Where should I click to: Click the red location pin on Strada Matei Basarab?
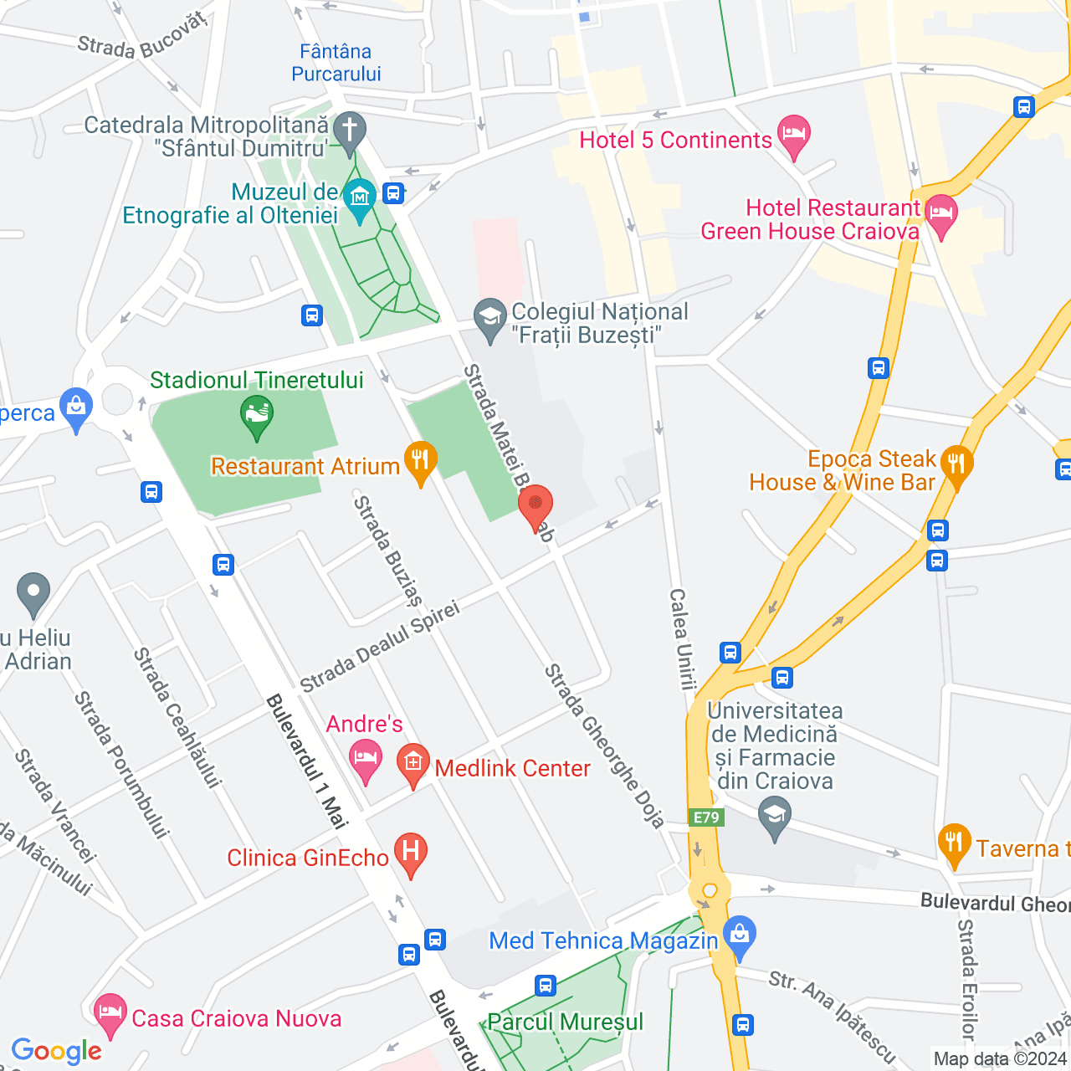click(535, 505)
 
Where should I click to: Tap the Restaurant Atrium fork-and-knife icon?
click(420, 460)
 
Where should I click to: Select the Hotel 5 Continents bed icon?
click(793, 134)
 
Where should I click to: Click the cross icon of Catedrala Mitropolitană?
click(349, 131)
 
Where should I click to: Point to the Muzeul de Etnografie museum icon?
click(360, 197)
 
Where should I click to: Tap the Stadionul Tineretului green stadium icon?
click(257, 414)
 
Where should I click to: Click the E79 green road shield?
click(706, 817)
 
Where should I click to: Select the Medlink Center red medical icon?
click(413, 762)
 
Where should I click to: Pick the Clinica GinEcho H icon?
click(410, 852)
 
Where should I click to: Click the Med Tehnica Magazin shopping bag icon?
click(740, 934)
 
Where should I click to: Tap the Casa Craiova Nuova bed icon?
click(110, 1012)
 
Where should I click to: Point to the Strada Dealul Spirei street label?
click(380, 647)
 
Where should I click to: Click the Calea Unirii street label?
click(682, 638)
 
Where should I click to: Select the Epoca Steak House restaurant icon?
click(956, 463)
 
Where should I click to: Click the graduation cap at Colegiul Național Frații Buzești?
click(489, 317)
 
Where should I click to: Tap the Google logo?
click(57, 1052)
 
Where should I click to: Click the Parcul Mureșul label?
click(566, 1022)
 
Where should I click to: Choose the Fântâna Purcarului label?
click(336, 63)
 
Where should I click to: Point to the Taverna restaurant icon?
click(954, 843)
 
